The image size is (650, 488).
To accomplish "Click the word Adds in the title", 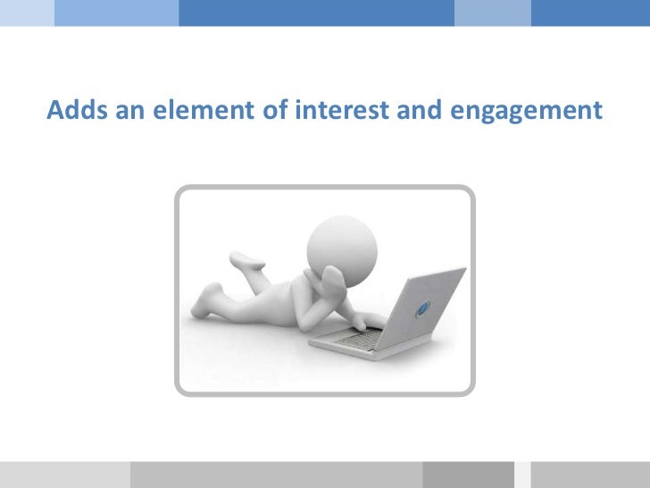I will click(75, 111).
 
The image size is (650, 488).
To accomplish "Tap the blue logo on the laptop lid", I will click(425, 309).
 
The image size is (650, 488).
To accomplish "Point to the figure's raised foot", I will click(246, 260).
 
